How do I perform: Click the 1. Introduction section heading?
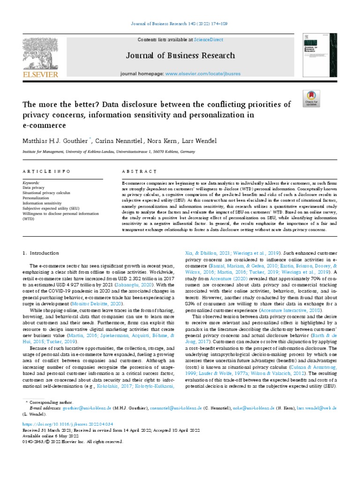41,253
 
